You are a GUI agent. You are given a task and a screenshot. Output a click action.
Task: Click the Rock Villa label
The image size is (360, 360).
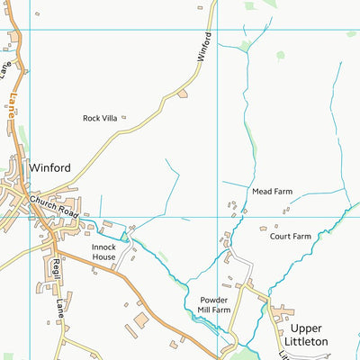tap(100, 118)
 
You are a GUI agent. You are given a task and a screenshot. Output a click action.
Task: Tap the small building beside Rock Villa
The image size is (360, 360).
tap(123, 117)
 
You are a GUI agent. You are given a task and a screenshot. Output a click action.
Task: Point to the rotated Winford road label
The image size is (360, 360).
tap(204, 47)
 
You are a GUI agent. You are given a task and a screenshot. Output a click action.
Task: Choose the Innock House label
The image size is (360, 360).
tap(103, 251)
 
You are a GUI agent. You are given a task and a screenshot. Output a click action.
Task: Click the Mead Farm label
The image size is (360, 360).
tap(272, 192)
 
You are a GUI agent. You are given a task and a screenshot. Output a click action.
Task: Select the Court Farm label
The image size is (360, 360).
tap(290, 237)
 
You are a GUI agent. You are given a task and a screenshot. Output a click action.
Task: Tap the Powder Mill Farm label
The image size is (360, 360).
tap(215, 304)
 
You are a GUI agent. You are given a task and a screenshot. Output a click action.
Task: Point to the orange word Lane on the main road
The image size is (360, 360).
tap(13, 108)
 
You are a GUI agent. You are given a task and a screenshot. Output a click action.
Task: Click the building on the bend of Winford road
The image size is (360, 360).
tap(183, 93)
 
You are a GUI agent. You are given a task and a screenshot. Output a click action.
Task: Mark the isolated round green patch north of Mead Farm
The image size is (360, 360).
tap(280, 55)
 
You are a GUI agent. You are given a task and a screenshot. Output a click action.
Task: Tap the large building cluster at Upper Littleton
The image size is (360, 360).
tap(281, 312)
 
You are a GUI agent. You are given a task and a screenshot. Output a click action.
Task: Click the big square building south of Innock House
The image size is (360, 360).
tap(141, 319)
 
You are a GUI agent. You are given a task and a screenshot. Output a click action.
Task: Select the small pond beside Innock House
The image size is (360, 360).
tap(124, 236)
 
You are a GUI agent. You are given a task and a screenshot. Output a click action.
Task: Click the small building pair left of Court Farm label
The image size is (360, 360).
tap(265, 229)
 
